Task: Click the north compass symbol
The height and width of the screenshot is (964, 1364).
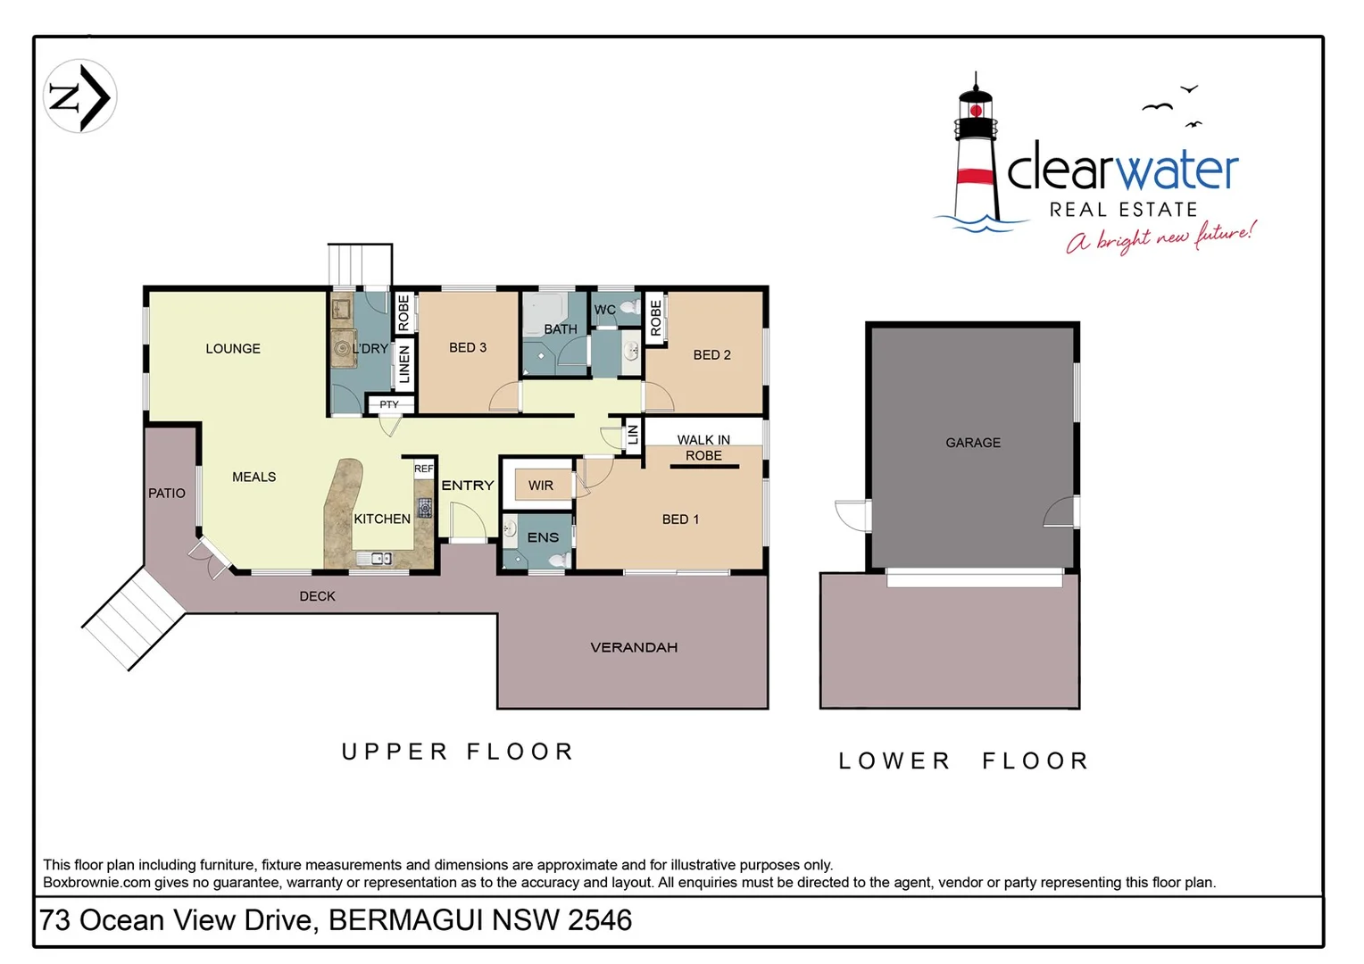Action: (79, 96)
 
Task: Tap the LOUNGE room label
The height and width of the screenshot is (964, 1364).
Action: (233, 348)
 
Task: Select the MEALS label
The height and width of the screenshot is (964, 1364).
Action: (254, 477)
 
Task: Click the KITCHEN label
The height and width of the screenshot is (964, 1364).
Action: (382, 519)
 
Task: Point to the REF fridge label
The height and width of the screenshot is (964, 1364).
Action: (423, 469)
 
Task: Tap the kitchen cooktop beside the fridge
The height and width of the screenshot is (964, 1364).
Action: (425, 508)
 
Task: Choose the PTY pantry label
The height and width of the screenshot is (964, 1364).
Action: (389, 404)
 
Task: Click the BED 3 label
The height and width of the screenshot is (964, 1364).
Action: (468, 347)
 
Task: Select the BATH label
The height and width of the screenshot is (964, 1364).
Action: (561, 328)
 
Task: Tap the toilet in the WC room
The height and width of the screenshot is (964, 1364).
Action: (629, 308)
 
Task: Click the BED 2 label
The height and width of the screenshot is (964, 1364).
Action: (711, 354)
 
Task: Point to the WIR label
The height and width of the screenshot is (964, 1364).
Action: (541, 486)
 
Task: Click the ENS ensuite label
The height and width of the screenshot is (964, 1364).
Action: (543, 537)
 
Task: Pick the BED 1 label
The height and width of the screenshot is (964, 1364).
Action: (680, 519)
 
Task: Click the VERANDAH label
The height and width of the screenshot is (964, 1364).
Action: (634, 647)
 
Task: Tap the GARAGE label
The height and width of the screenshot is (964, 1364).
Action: (973, 442)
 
